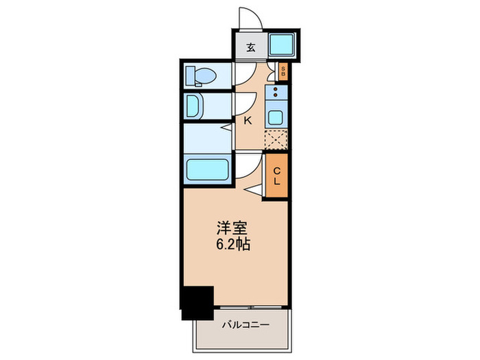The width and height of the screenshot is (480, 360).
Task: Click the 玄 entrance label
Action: click(251, 47)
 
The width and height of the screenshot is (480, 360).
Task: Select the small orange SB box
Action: click(283, 71)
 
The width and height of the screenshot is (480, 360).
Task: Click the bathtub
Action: click(207, 169)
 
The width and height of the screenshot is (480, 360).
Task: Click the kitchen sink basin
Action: click(276, 116)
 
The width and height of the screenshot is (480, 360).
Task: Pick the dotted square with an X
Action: click(276, 139)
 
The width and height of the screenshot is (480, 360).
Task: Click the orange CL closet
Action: click(276, 176)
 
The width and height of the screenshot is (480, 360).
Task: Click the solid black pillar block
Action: click(197, 301)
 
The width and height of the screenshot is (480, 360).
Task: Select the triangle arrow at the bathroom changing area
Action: click(226, 128)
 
